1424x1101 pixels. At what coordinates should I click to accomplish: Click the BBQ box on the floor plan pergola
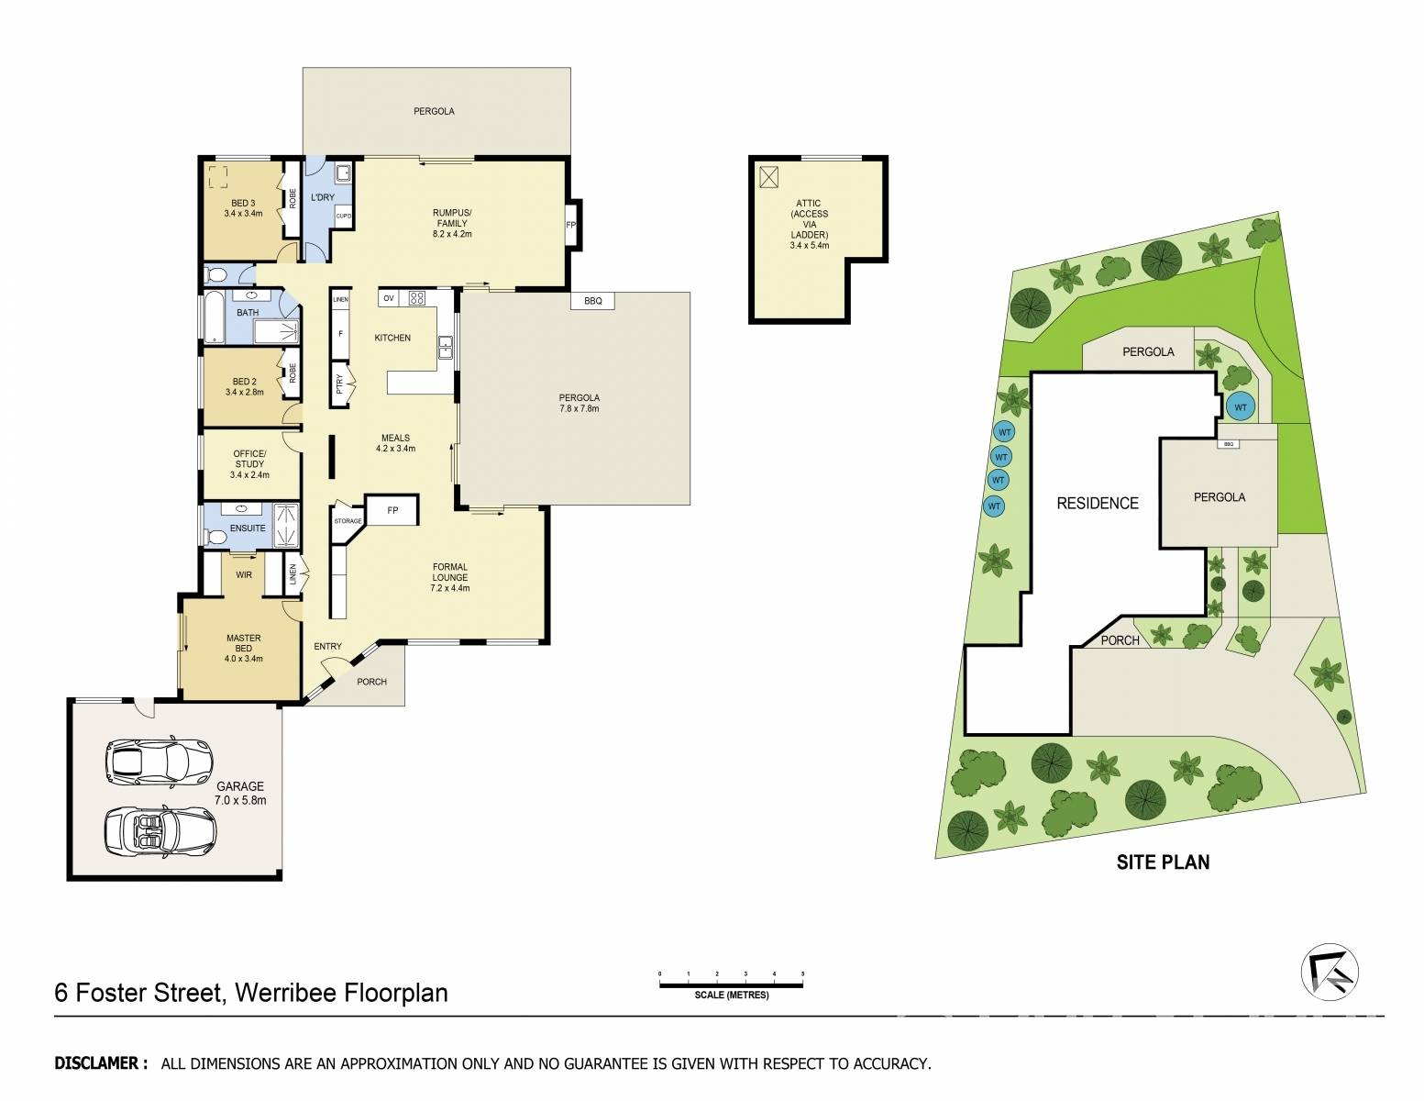592,301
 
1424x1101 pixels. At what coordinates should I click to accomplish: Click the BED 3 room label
243,208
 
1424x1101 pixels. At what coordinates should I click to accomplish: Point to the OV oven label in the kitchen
389,298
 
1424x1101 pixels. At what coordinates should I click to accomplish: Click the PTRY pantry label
339,384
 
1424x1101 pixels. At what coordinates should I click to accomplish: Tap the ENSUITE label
248,528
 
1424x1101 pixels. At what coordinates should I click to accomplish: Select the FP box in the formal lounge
392,510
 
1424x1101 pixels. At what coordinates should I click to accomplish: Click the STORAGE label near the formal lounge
348,521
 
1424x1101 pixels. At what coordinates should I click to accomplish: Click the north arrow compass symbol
1330,972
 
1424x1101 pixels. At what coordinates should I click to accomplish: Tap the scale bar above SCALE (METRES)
731,984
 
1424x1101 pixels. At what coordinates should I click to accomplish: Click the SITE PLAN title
1163,862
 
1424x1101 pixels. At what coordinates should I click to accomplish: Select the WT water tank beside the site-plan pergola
1241,406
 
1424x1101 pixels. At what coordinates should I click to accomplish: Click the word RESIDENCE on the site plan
1098,504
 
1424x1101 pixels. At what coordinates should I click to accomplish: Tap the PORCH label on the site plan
1120,640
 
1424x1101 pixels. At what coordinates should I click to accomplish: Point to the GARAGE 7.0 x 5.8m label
240,793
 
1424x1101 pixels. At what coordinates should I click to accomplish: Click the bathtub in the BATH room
213,317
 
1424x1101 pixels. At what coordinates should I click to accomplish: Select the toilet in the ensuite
216,538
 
